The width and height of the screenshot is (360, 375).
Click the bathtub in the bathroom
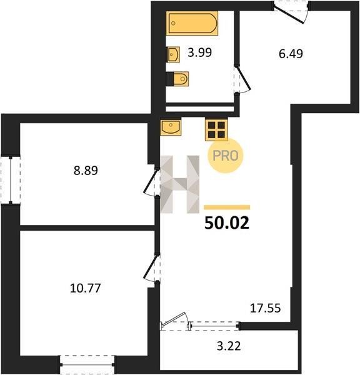pos(192,23)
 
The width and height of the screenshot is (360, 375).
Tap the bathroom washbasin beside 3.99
pos(173,54)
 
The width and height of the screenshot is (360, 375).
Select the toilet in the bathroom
pos(177,79)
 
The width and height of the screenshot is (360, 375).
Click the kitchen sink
pos(171,127)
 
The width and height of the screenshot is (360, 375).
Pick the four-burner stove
pos(216,130)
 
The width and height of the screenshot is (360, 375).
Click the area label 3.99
pos(200,52)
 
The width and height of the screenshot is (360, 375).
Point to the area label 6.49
pos(291,54)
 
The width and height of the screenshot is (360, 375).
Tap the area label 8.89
pos(86,171)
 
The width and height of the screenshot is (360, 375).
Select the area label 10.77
pos(86,288)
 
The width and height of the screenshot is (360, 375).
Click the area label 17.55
pos(265,308)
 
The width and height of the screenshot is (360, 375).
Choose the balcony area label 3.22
pos(229,346)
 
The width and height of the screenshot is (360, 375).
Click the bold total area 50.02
pos(227,223)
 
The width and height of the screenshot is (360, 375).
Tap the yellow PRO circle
pos(226,156)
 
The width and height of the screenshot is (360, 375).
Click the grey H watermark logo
pos(180,184)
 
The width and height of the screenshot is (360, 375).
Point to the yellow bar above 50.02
pos(227,207)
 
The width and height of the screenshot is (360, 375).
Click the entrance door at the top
pos(291,12)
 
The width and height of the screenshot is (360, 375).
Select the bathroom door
pos(242,79)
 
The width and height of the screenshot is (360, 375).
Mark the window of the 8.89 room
pos(11,180)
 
